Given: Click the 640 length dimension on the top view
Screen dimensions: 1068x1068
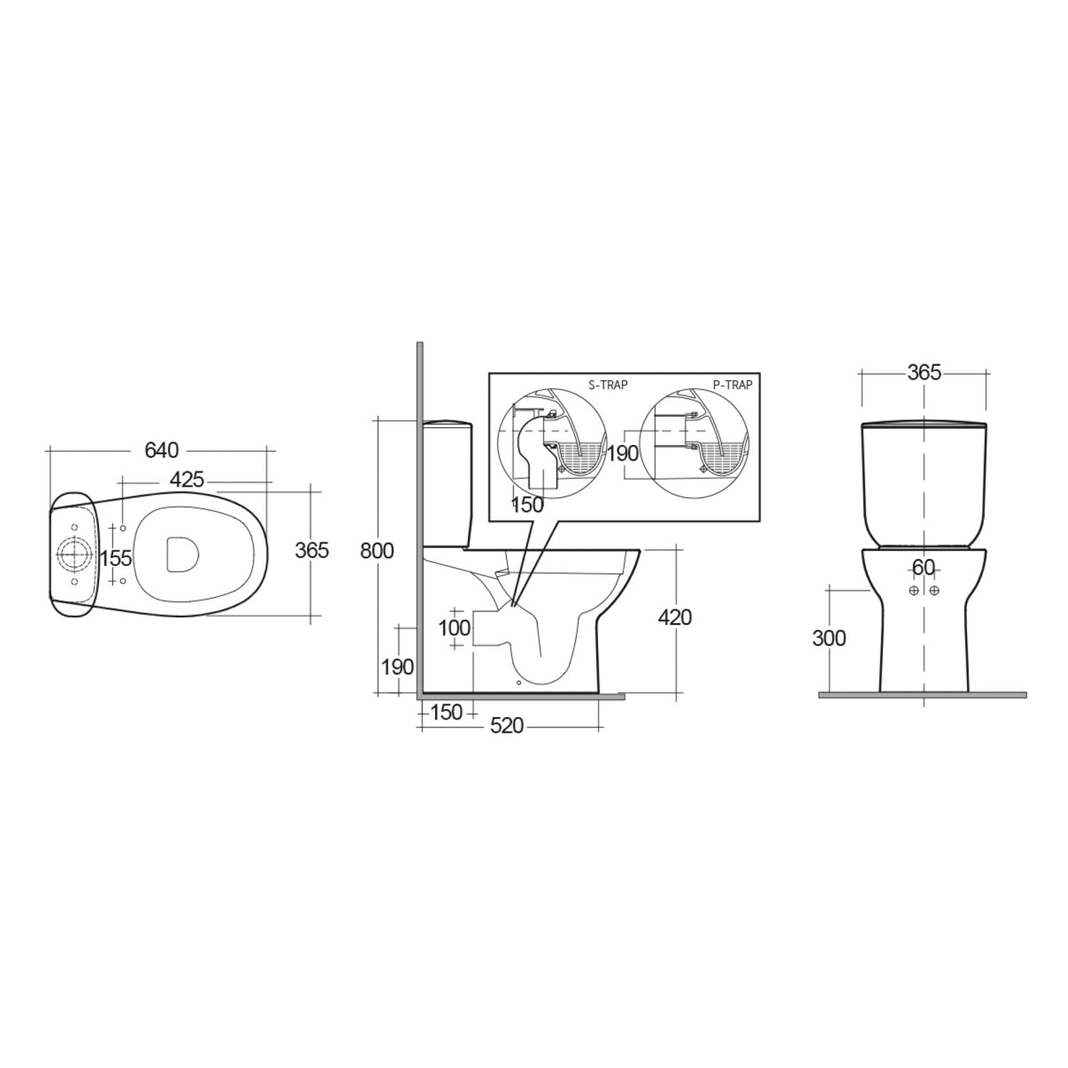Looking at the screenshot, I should tap(162, 451).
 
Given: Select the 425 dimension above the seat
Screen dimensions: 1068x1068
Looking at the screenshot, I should tap(187, 480).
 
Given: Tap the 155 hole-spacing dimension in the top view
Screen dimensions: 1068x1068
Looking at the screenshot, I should tap(116, 558).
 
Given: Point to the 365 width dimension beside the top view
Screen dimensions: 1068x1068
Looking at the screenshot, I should tap(312, 550).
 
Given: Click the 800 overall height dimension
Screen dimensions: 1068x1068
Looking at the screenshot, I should tap(377, 551).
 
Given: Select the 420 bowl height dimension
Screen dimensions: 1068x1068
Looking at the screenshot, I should tap(674, 617).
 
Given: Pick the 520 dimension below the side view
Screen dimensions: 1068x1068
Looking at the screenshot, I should tap(508, 726).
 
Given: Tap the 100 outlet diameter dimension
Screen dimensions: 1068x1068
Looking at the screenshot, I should tap(455, 628).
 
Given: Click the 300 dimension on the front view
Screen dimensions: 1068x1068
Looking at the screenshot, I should tap(829, 639).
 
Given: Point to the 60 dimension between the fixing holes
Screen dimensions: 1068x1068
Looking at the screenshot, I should tap(923, 568).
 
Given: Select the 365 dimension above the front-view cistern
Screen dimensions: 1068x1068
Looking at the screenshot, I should tap(924, 372).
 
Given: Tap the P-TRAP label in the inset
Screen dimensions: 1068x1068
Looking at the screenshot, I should tap(733, 385).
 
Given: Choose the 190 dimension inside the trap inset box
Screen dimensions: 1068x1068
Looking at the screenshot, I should tap(622, 454).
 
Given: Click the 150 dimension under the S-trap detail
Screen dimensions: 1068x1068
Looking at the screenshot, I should tap(528, 506).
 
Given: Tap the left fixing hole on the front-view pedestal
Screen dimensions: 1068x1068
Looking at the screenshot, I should tap(914, 591).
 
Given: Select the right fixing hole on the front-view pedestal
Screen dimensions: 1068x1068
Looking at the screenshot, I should tap(934, 591).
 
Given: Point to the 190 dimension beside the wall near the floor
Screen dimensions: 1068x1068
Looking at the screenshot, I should tap(397, 667).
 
